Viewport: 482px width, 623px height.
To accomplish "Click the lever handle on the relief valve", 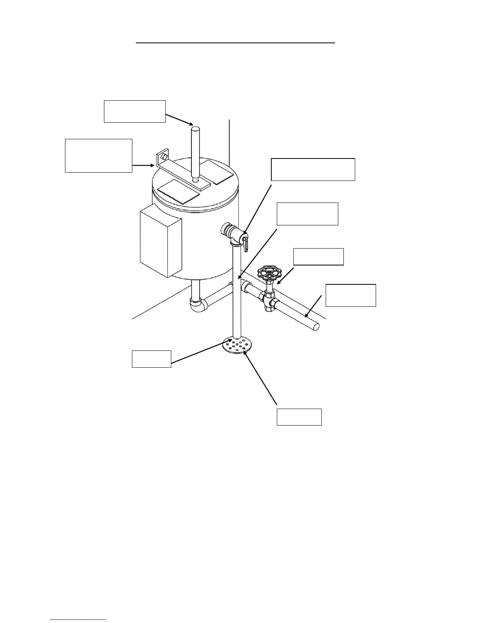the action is pyautogui.click(x=245, y=243).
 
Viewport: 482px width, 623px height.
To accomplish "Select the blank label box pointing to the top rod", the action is pyautogui.click(x=135, y=111).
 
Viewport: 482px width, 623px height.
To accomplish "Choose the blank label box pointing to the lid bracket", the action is pyautogui.click(x=98, y=155).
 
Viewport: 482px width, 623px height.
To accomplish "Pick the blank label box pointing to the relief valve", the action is pyautogui.click(x=313, y=170).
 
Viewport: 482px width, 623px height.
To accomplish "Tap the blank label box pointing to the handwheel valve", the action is pyautogui.click(x=319, y=256).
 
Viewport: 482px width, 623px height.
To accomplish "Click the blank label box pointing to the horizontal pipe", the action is pyautogui.click(x=350, y=295).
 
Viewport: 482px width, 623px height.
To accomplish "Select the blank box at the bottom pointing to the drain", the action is pyautogui.click(x=299, y=417).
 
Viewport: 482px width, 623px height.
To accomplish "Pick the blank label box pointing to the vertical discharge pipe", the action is pyautogui.click(x=307, y=214).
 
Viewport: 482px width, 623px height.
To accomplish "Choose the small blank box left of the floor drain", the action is pyautogui.click(x=151, y=359).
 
